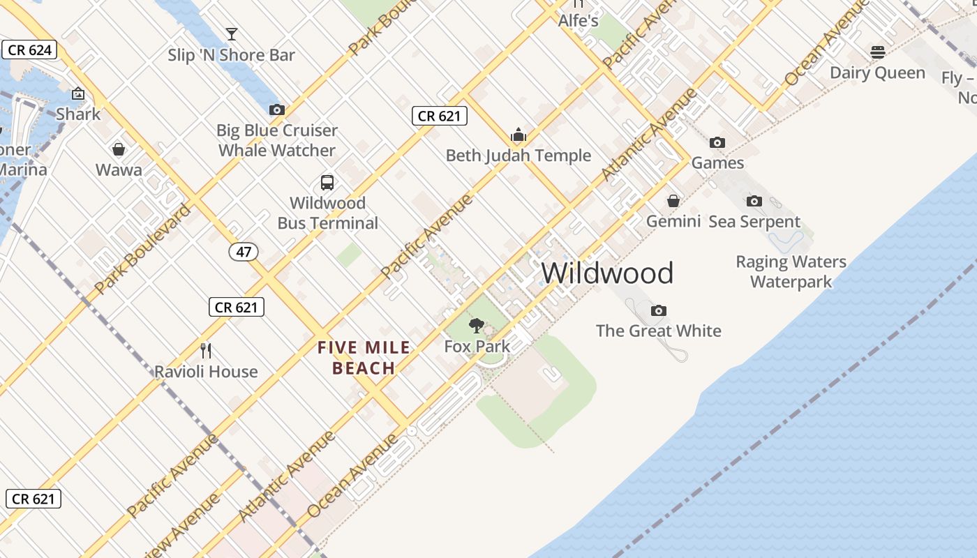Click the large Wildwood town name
point(607,273)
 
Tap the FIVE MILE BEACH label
point(364,357)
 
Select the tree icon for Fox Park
point(477,325)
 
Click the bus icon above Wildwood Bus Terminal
point(327,183)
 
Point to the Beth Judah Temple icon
point(519,135)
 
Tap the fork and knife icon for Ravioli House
point(206,350)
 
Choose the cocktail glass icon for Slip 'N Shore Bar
point(232,34)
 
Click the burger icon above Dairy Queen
point(878,52)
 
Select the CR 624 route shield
point(29,50)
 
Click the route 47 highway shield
point(243,252)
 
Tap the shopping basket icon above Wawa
point(119,149)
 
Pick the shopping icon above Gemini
point(673,201)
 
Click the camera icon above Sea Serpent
point(754,201)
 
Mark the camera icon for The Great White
point(658,310)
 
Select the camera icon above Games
point(717,142)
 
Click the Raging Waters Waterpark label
point(791,272)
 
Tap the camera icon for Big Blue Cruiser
point(277,110)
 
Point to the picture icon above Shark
point(78,93)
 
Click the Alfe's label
point(578,21)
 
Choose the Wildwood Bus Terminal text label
point(327,213)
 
